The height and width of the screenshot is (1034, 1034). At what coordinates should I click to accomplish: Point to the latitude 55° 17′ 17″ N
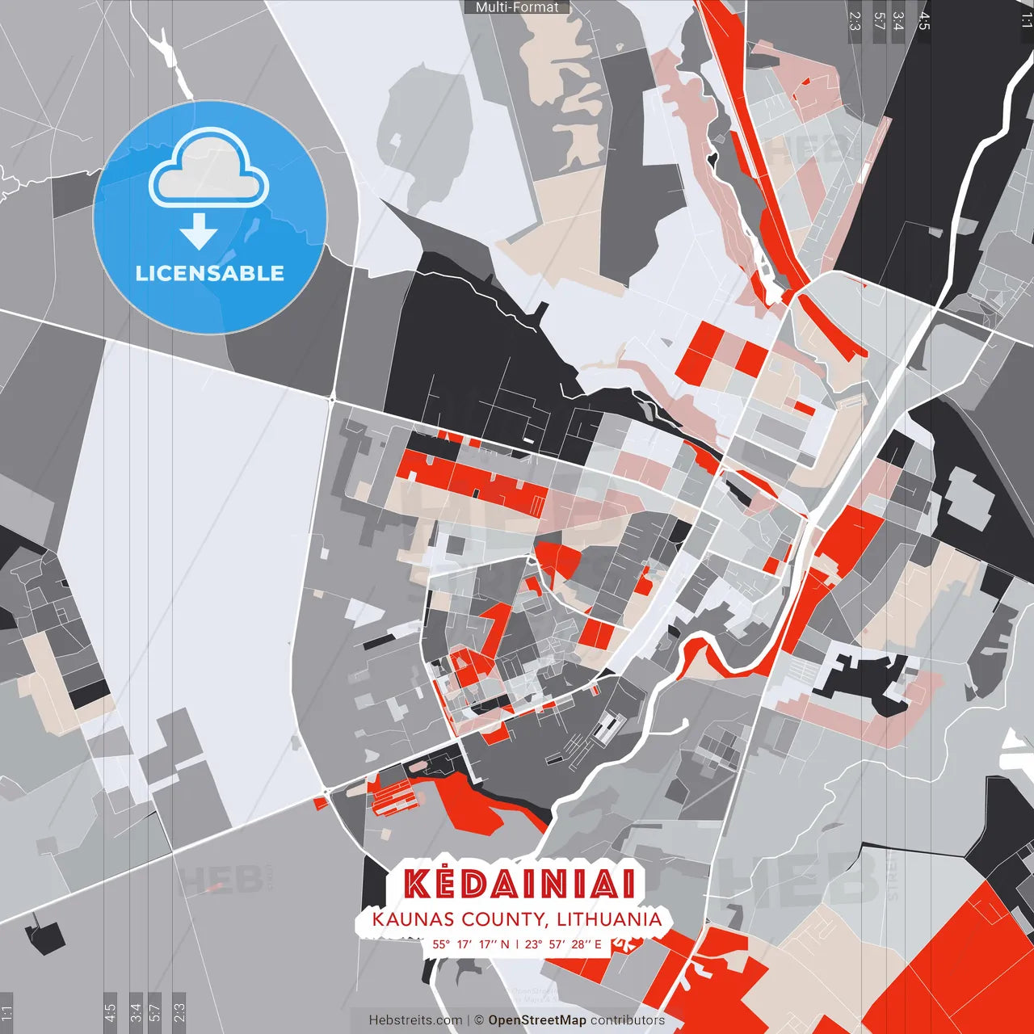coord(471,944)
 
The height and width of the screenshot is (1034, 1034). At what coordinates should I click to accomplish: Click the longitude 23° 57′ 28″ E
coord(563,944)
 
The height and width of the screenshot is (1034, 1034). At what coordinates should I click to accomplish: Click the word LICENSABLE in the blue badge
coord(210,273)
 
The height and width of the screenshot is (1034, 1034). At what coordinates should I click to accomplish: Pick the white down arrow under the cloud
coord(199,231)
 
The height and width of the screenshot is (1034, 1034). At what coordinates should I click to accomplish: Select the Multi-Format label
coord(517,7)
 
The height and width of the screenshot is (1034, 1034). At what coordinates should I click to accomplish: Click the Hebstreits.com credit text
coord(415,1020)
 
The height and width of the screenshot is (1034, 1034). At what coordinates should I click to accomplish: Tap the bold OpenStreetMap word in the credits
coord(537,1020)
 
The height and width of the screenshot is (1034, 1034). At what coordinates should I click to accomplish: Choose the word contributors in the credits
coord(628,1020)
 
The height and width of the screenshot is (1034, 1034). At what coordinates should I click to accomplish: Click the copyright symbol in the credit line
coord(478,1020)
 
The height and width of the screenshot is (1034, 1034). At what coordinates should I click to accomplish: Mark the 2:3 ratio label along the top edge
coord(855,21)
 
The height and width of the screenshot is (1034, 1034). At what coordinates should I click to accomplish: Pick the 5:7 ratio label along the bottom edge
coord(155,1013)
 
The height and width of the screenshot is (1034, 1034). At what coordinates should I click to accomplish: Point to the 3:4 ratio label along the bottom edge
coord(136,1013)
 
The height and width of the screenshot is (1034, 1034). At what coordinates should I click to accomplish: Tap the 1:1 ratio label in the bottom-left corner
coord(6,1013)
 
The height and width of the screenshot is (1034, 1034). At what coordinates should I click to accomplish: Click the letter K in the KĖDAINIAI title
coord(418,884)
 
